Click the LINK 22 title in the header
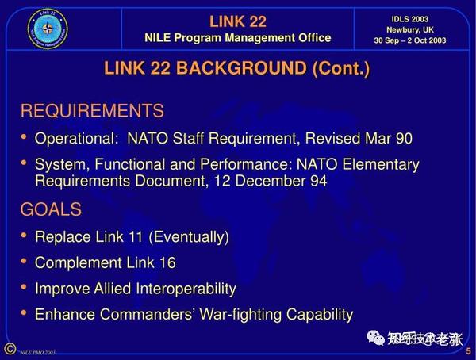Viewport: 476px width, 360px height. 237,21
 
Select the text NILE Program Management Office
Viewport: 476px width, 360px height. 237,38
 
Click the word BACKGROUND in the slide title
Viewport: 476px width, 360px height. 243,68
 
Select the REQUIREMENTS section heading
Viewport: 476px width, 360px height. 92,111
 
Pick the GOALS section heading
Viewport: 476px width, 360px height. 51,209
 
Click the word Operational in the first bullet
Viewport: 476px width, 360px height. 74,139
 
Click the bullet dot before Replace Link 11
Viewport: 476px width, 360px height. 25,236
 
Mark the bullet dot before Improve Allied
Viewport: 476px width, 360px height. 25,288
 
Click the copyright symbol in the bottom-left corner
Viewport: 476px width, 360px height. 9,349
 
